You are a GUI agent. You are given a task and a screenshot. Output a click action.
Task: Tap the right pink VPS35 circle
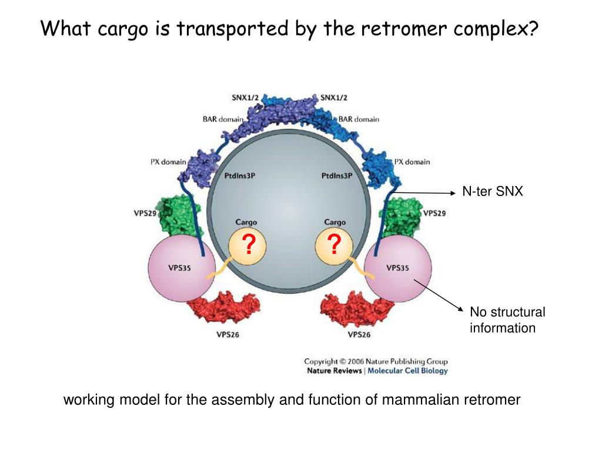click(x=399, y=268)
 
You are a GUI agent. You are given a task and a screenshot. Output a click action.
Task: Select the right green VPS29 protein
click(x=402, y=215)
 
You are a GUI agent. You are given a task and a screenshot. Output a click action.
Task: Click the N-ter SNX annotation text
click(x=492, y=191)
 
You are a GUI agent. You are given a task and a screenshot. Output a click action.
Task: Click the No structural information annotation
click(x=507, y=320)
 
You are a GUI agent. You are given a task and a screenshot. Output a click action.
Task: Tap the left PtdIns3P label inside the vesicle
click(x=240, y=176)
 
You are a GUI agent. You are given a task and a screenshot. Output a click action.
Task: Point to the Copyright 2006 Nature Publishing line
click(x=376, y=361)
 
